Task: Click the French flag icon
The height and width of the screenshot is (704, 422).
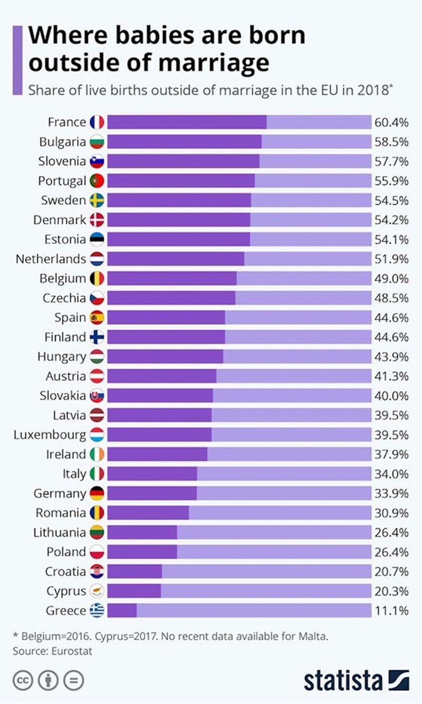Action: click(97, 122)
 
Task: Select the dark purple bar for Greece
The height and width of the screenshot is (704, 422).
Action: click(122, 611)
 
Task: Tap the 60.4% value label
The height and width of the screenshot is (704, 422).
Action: click(391, 122)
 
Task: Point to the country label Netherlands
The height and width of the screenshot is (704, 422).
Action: click(51, 259)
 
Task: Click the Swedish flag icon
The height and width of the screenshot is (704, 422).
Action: click(97, 201)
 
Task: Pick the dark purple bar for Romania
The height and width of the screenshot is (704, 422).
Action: click(148, 513)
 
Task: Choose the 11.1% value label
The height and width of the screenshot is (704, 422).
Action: click(391, 611)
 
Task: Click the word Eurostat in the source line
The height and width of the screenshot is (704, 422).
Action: click(72, 651)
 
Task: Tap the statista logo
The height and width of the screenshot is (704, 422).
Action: click(357, 680)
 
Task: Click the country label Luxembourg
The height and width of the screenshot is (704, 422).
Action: click(50, 435)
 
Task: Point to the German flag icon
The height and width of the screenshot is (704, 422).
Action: click(97, 493)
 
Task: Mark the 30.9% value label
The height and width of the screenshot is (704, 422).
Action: click(391, 513)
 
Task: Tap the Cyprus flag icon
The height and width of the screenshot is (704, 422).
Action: click(97, 591)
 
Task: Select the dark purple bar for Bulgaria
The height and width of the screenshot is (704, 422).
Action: click(184, 142)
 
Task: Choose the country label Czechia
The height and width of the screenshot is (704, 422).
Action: click(64, 298)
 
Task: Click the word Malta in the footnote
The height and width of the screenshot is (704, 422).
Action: click(314, 636)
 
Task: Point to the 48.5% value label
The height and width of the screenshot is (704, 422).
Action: click(391, 298)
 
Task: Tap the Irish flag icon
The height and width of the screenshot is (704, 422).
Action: click(97, 454)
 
